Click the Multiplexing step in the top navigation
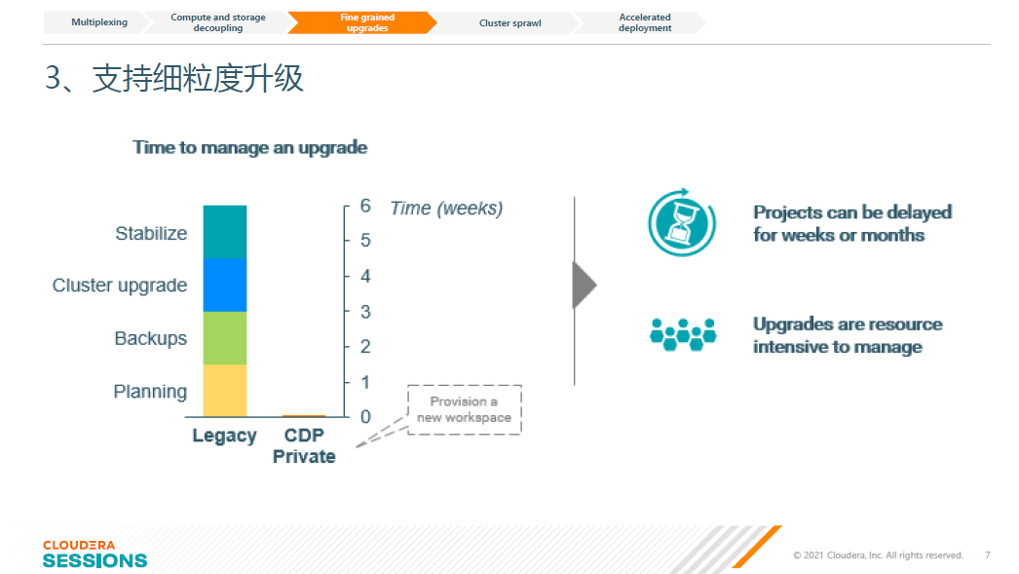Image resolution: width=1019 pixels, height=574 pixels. (98, 22)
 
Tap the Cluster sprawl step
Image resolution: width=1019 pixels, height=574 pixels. (509, 22)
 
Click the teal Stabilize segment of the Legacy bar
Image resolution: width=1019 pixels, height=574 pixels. (225, 232)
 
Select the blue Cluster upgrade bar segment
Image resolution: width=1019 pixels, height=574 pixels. (225, 286)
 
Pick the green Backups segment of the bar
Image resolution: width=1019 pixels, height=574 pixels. (225, 338)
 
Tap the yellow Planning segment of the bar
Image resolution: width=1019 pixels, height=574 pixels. (225, 391)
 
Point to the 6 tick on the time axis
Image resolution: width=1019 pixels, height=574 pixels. (365, 206)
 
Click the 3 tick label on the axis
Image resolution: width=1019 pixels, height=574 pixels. (365, 312)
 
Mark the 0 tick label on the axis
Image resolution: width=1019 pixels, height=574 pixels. (365, 417)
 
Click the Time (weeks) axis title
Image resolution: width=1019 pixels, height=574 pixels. (446, 208)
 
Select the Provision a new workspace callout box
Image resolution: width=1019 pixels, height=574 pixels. (464, 409)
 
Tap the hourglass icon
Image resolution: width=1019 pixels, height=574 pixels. (681, 223)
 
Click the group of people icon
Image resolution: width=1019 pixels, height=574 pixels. (683, 334)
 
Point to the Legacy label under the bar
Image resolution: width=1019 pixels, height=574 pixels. (224, 435)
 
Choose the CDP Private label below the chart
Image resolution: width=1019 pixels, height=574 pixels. (304, 445)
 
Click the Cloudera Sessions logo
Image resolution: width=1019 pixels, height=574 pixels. (94, 554)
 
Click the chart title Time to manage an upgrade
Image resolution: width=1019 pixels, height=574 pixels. (250, 147)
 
